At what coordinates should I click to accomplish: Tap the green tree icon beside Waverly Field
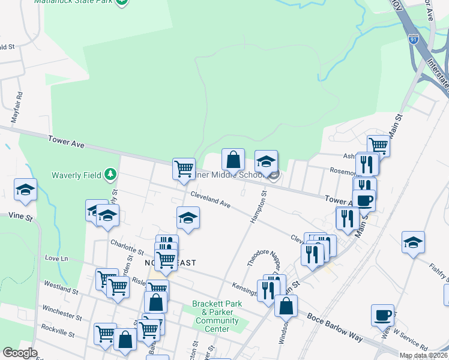(110, 175)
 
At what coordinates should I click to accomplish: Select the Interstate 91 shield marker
(414, 39)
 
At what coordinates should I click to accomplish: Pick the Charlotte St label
(127, 246)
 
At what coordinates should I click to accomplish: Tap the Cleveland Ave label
(211, 199)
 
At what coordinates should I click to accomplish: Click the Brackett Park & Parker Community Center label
(217, 316)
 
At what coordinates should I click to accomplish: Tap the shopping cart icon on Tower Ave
(184, 167)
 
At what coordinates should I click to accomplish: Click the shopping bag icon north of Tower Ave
(234, 160)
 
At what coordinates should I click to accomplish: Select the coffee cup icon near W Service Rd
(382, 315)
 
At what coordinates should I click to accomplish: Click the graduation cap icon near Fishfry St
(413, 242)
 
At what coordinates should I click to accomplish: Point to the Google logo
(20, 353)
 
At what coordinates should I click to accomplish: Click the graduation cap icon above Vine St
(26, 190)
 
